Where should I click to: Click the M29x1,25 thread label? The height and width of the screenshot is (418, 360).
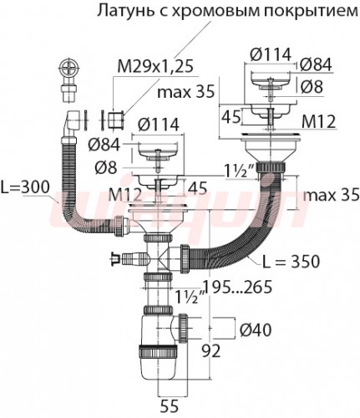pos(155,67)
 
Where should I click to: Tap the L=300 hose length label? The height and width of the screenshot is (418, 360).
pos(24,189)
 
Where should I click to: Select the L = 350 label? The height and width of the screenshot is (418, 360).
pos(291,261)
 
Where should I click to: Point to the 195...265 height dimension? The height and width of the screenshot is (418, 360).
pos(237,287)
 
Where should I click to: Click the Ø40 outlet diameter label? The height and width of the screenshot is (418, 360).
pos(256,330)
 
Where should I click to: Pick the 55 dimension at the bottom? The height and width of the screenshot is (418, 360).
pos(170,406)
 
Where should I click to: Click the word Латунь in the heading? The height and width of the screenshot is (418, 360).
pos(123,11)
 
